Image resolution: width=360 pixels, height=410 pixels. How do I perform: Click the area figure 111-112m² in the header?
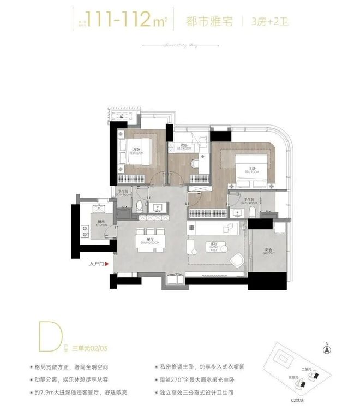click(119, 21)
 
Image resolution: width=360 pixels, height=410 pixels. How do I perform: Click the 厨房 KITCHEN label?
click(101, 223)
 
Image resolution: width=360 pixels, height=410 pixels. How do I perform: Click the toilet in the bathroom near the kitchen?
click(141, 206)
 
